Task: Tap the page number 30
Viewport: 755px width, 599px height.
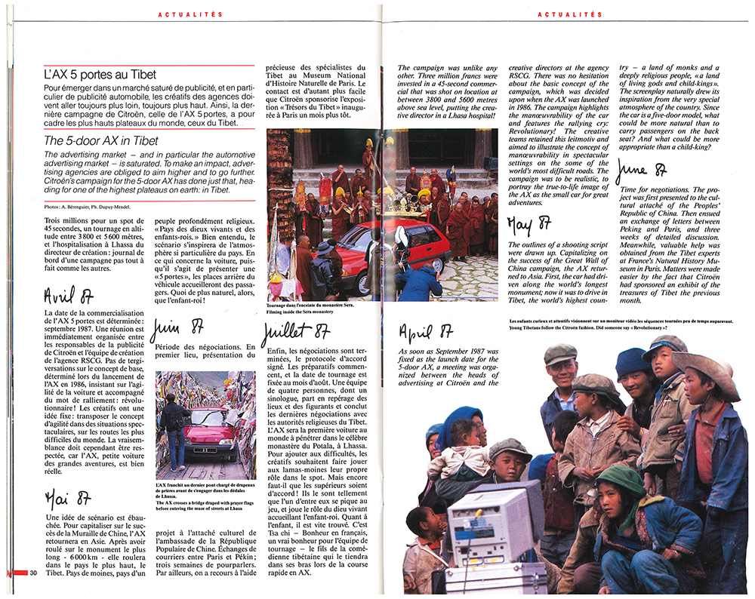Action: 33,574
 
